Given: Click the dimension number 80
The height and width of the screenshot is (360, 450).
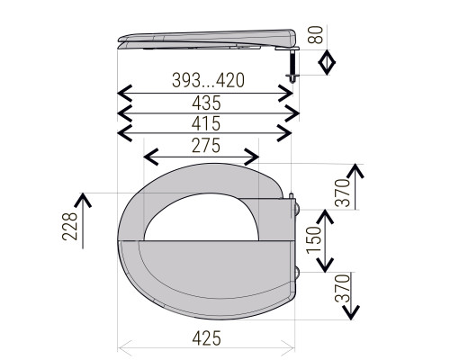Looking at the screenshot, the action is click(316, 35).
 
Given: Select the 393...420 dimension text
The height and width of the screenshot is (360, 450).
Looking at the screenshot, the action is click(209, 80).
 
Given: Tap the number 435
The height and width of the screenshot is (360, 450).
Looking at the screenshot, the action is click(206, 103).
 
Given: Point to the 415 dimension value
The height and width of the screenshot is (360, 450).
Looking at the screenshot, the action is click(206, 123).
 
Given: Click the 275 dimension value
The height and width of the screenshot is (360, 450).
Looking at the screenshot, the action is click(206, 146).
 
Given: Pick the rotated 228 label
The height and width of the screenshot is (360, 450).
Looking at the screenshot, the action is click(69, 226).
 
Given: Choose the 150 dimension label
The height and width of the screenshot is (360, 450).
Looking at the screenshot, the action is click(314, 240).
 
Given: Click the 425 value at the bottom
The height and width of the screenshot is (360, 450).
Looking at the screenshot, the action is click(207, 338).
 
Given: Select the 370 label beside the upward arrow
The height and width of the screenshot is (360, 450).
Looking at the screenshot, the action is click(343, 193).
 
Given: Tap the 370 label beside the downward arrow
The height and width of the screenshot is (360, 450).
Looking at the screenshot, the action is click(343, 288).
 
